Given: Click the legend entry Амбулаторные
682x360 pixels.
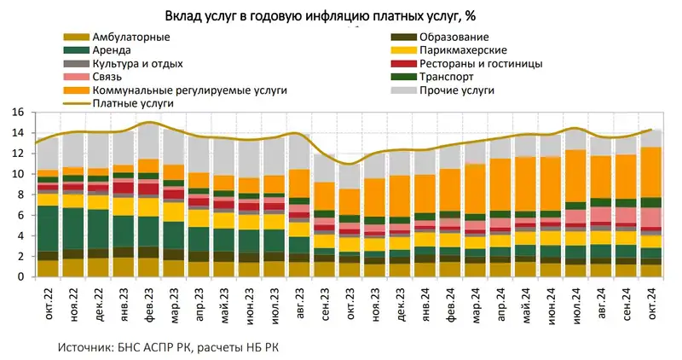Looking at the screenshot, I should point(130,38).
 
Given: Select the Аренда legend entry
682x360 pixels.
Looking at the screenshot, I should point(111,50).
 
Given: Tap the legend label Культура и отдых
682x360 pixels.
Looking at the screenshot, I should point(137,63).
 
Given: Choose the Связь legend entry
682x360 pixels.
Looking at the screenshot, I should point(107,76).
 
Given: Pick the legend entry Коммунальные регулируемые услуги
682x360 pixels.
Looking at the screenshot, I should point(189,90).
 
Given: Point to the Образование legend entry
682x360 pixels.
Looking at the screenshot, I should point(453,38).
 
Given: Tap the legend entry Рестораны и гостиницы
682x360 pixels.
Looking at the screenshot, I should point(481,63).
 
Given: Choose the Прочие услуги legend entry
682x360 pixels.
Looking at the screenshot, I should point(457,90).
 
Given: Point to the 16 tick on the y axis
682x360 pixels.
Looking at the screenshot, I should point(16,112).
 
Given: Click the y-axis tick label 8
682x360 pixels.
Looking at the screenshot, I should point(19,195).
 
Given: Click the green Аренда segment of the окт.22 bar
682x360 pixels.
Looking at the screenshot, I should point(48,229).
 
